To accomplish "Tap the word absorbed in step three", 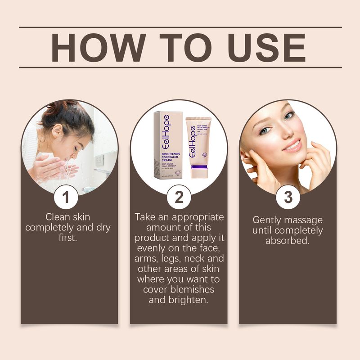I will [288, 241].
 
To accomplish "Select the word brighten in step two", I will [191, 300].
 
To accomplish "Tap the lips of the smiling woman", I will [292, 145].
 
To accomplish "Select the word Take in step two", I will [146, 217].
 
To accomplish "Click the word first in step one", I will [68, 238].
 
